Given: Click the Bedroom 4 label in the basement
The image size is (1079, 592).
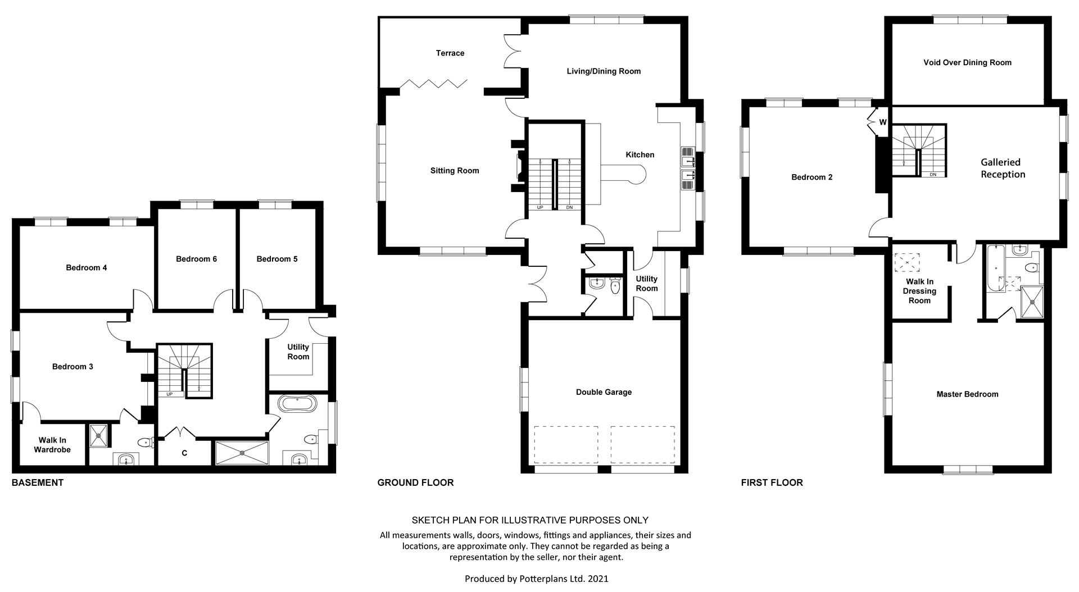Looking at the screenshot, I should point(86,267).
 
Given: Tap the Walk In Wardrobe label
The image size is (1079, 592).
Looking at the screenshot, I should point(52,445).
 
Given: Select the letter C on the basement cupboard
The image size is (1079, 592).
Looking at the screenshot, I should point(184,453).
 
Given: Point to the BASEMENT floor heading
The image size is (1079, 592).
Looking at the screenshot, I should point(38,482).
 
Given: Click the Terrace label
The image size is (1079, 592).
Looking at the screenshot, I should point(450,53).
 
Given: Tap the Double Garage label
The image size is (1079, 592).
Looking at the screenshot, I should point(604,392).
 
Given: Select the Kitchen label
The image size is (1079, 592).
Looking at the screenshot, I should point(640,154).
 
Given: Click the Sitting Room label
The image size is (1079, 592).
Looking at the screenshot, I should point(455,171).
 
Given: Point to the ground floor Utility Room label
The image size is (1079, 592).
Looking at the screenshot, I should point(646,283).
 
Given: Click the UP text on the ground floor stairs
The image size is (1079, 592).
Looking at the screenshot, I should point(540,207).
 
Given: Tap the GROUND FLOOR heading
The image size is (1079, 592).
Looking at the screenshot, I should point(415,482).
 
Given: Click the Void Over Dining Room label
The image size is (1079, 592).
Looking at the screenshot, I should point(967,62).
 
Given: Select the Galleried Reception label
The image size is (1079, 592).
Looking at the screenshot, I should point(1003,168).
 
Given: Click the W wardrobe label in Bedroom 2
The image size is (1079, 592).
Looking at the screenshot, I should point(882,122).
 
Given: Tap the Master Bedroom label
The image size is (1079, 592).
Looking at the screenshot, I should point(967,394).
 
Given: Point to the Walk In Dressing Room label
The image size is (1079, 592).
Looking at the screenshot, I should point(919,291).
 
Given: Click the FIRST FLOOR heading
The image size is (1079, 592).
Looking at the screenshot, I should point(772,482).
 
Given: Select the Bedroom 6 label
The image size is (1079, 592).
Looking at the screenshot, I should point(196,259).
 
